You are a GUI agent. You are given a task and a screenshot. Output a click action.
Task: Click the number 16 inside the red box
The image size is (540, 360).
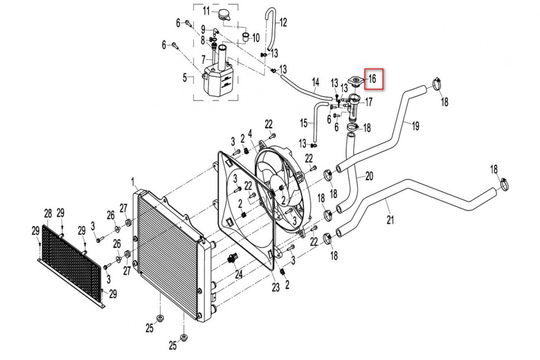coord(373,79)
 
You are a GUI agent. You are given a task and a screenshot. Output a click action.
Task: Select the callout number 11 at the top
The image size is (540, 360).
coord(206,11)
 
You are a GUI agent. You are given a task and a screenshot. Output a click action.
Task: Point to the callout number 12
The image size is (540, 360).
coord(283,22)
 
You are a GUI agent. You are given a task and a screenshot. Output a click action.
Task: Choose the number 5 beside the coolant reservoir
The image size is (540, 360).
coord(185,78)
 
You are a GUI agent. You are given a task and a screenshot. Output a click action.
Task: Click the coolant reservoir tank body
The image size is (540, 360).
coord(217,82)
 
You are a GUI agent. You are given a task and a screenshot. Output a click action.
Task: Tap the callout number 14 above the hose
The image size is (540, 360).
coord(315,82)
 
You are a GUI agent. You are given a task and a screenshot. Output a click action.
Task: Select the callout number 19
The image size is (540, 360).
coord(416,126)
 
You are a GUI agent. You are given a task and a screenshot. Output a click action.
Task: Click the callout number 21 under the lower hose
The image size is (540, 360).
coord(390,220)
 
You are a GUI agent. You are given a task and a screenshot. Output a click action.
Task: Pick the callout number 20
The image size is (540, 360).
coord(369,176)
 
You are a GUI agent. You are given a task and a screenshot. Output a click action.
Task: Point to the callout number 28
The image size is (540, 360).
coord(48,213)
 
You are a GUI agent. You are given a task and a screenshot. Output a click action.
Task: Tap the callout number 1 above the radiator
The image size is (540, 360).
coord(133,183)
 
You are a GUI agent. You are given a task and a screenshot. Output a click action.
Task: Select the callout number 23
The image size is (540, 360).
coord(275,287)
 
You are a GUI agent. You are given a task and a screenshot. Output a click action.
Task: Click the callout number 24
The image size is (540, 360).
coord(238,274)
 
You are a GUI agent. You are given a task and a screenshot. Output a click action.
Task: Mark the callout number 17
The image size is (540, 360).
coord(369,102)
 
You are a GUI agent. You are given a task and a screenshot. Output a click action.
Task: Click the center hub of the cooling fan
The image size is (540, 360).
coord(281,188)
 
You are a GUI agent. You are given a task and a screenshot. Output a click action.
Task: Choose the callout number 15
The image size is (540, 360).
coord(304,123)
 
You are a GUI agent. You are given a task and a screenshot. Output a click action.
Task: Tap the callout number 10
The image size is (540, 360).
coord(256,38)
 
